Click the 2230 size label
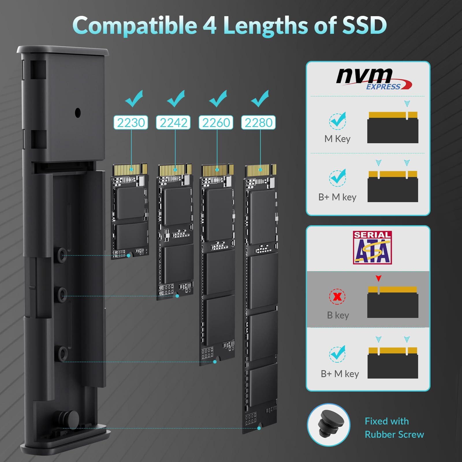[x=131, y=122]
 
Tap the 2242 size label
[x=173, y=122]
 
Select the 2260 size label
[x=216, y=122]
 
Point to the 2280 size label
[x=258, y=122]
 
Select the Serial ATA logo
[x=372, y=248]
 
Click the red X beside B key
[x=337, y=296]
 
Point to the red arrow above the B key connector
[x=379, y=278]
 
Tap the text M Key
[x=337, y=139]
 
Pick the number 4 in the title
[x=210, y=25]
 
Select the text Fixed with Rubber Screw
[x=394, y=428]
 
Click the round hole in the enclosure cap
[x=78, y=113]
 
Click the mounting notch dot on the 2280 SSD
[x=259, y=428]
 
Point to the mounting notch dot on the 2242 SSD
[x=177, y=296]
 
